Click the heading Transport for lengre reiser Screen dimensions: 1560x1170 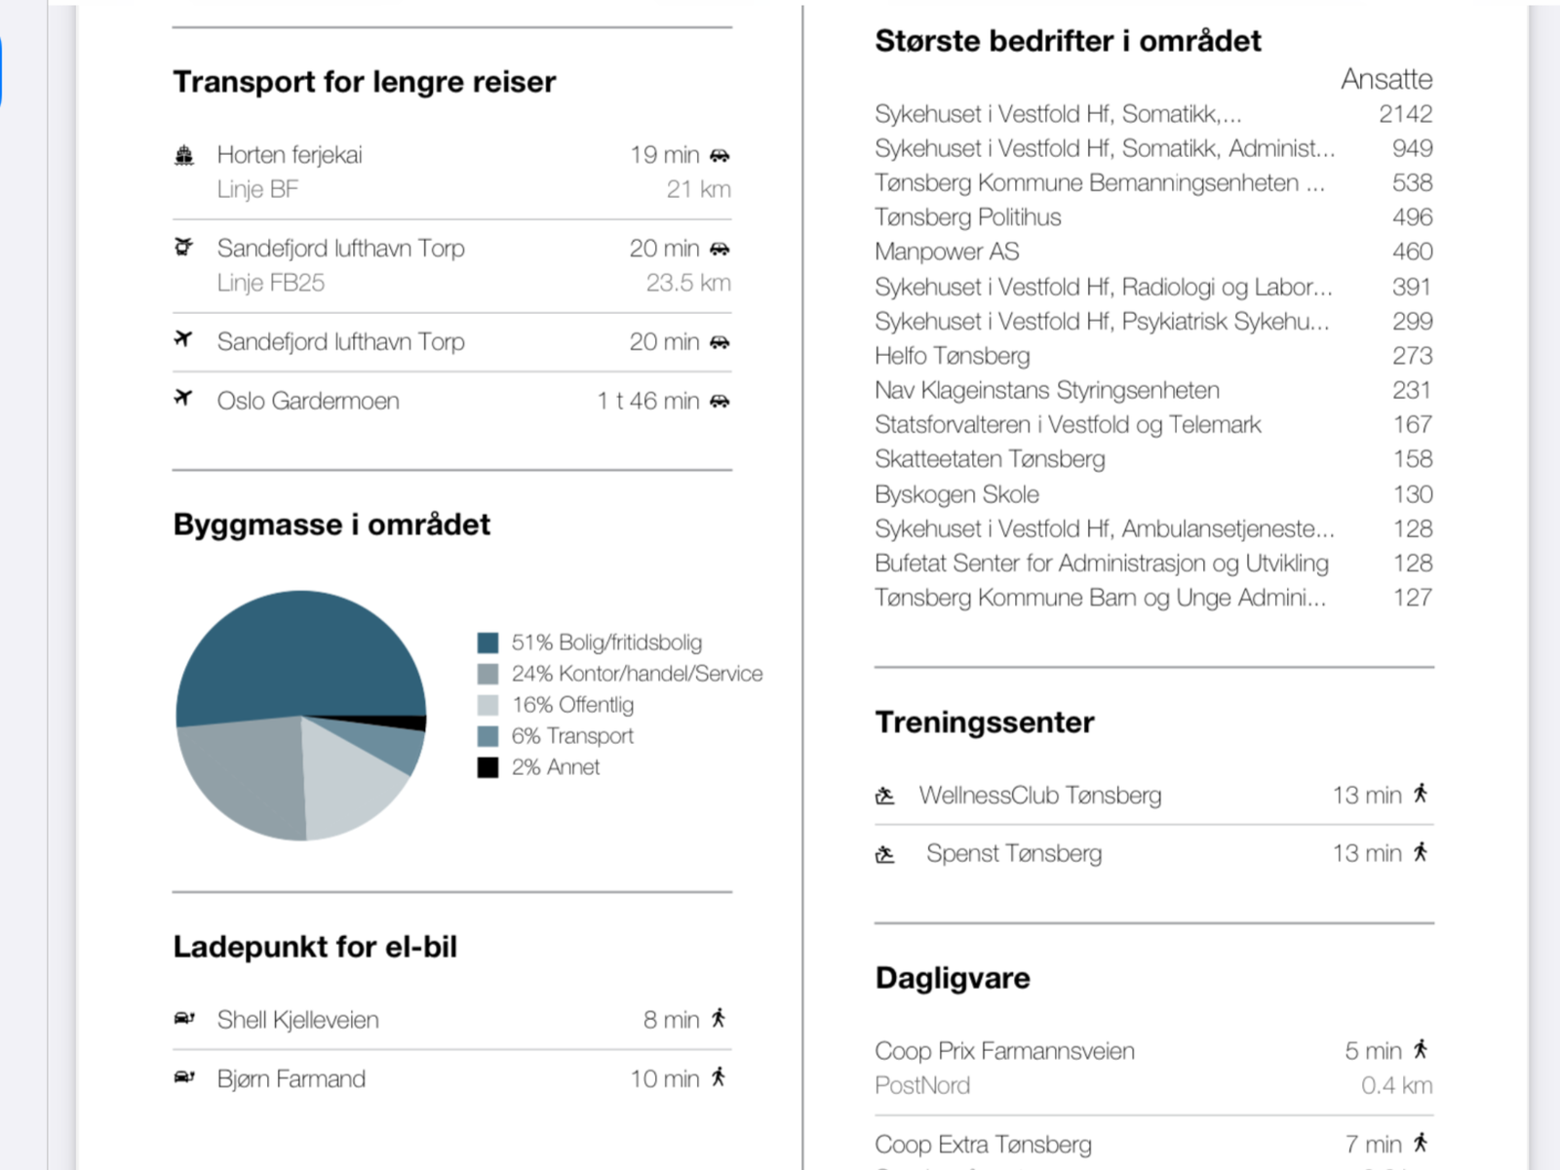click(x=365, y=83)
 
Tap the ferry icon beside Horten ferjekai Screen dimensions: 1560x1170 click(x=184, y=155)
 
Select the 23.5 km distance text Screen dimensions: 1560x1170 click(x=688, y=283)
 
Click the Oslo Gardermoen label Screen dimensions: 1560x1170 click(x=308, y=401)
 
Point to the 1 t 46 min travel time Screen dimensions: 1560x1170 click(x=648, y=401)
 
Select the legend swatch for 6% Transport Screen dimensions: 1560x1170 click(x=487, y=736)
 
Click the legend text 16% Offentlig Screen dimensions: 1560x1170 click(x=572, y=705)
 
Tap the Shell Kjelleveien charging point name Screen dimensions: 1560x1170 click(x=297, y=1020)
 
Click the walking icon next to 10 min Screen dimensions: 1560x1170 click(x=719, y=1077)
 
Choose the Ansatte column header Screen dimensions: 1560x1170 click(x=1386, y=79)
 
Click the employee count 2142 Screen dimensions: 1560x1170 click(x=1406, y=114)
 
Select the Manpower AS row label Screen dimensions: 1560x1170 click(x=947, y=252)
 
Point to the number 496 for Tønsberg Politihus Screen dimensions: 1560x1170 click(x=1412, y=217)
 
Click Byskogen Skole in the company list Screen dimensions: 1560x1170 click(x=956, y=494)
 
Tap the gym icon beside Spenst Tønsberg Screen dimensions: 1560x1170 click(x=885, y=854)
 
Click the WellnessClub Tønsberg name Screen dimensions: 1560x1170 click(x=1039, y=795)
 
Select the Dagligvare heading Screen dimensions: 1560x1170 click(x=953, y=978)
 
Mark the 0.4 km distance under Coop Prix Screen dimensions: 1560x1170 click(x=1396, y=1085)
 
